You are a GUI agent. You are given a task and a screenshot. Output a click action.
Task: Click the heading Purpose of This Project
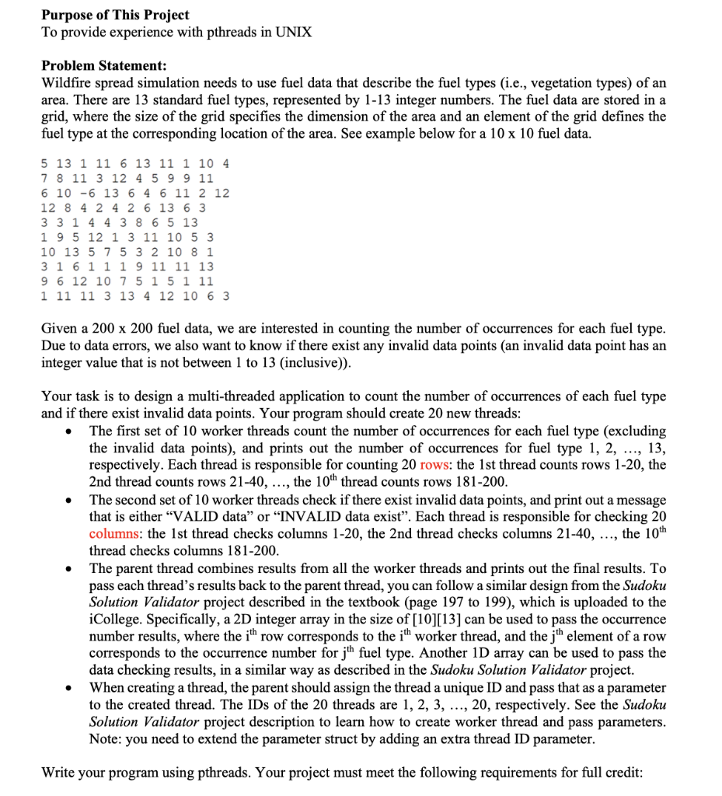click(115, 15)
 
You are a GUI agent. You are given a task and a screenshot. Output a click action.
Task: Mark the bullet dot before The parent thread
click(71, 568)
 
